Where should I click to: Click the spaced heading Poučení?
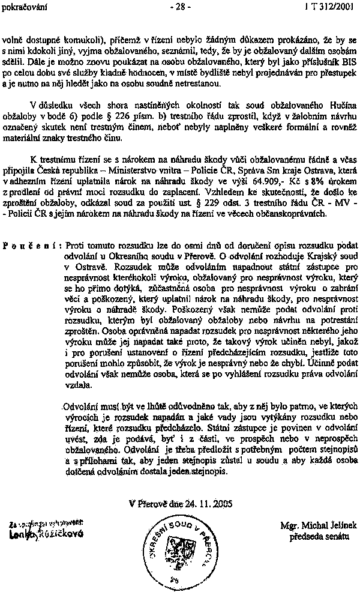[31, 247]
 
